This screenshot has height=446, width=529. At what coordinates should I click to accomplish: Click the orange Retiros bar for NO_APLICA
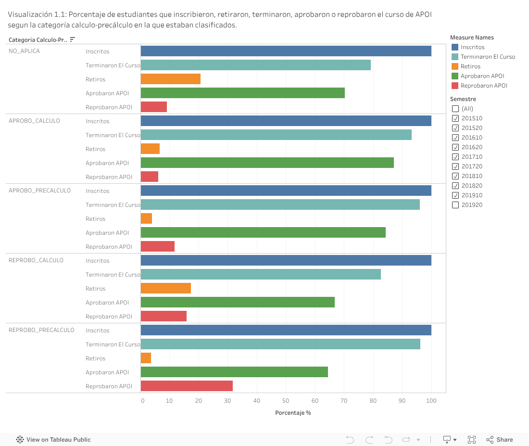(170, 79)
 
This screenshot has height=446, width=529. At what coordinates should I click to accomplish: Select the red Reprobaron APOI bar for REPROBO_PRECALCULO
(187, 386)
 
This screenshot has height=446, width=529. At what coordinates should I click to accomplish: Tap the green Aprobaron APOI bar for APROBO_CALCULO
(267, 163)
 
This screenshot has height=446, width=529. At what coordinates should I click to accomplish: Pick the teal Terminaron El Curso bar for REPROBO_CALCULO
(261, 274)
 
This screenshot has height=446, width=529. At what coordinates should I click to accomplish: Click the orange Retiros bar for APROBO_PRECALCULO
(146, 218)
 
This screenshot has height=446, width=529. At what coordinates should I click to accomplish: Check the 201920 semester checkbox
(455, 205)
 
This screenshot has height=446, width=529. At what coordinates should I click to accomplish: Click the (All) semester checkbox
(455, 109)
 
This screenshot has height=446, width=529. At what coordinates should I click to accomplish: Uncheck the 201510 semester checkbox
(455, 118)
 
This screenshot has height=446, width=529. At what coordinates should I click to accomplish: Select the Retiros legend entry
(470, 66)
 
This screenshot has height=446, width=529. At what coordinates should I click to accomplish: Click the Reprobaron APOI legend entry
(483, 86)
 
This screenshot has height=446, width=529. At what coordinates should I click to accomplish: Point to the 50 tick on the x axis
(286, 400)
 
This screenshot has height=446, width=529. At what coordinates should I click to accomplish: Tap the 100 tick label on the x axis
(431, 400)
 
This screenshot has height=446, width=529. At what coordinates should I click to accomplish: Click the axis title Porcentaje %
(293, 413)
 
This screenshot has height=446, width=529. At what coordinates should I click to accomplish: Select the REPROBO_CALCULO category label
(36, 260)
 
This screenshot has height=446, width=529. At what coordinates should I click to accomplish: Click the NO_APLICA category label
(24, 51)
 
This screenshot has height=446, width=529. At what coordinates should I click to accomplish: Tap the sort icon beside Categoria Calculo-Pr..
(73, 39)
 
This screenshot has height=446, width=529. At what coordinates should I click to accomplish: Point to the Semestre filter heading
(463, 99)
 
